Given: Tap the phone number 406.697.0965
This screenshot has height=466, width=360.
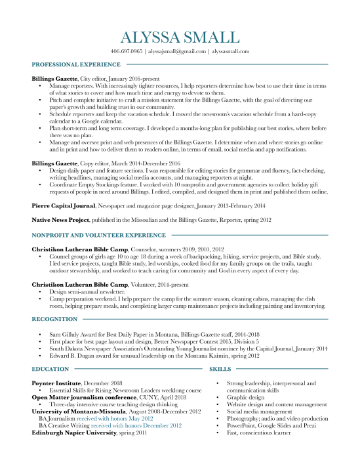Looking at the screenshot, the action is pos(126,51).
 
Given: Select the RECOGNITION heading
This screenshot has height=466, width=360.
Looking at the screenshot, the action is pos(51,319).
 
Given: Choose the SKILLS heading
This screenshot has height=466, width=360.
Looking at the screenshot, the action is pos(220,370).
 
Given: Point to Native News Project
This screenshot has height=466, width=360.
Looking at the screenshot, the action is pos(61,220).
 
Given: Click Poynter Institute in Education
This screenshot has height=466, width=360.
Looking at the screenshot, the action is pos(55,383).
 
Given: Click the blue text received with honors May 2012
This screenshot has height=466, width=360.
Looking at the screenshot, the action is pos(115,418).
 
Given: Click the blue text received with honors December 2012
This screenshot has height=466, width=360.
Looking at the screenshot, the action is pos(140,425).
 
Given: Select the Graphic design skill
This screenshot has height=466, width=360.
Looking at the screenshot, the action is pos(246,397).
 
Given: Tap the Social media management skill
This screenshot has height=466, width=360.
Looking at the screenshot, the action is pos(258,412).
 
